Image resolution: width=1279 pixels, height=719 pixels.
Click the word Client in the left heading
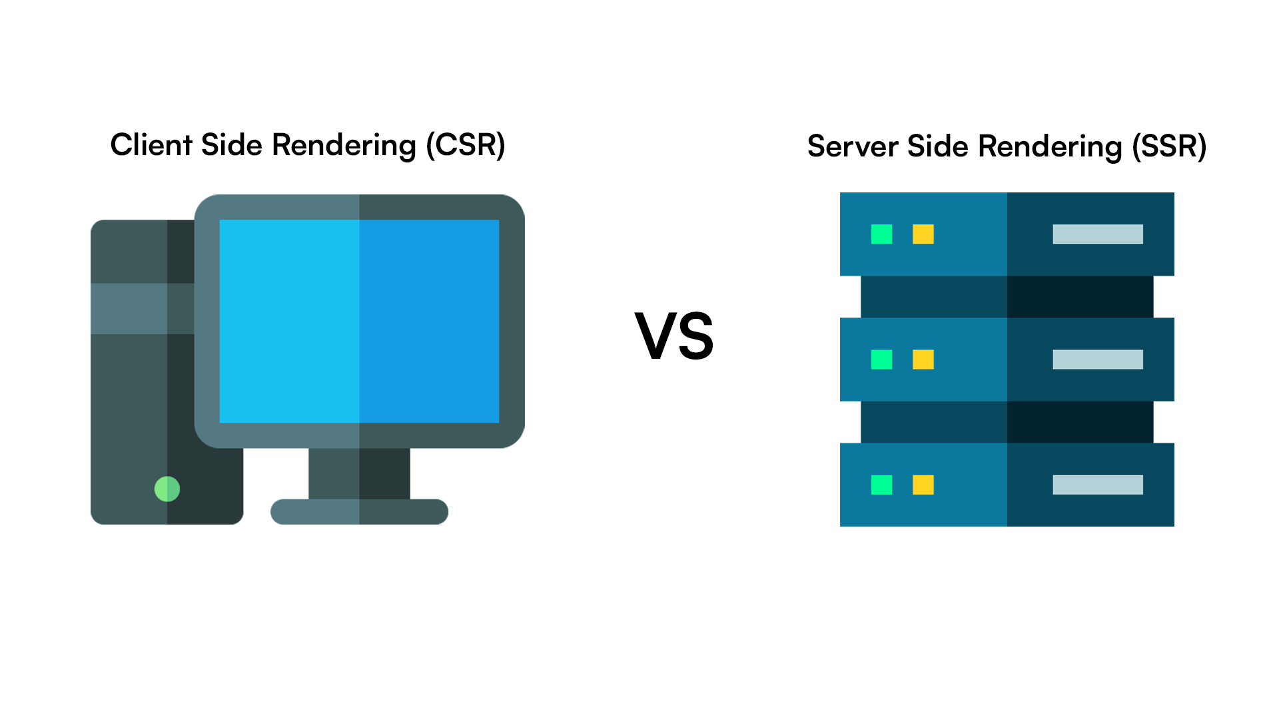pos(151,144)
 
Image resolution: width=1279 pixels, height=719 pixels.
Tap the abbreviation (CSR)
pos(466,145)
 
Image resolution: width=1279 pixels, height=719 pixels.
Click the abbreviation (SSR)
pos(1170,146)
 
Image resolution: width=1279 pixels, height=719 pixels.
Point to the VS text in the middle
pos(674,336)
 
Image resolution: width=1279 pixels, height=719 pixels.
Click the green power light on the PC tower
pos(167,489)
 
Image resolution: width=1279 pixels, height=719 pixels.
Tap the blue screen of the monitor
pos(359,321)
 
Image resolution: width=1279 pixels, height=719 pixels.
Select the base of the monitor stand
pos(359,511)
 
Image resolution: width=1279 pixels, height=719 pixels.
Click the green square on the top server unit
pos(881,234)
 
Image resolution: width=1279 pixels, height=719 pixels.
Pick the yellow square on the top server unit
pos(923,234)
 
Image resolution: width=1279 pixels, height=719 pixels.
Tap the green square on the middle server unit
pos(881,359)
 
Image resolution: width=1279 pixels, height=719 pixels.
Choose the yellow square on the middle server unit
pos(923,359)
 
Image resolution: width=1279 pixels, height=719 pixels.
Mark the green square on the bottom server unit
pos(881,485)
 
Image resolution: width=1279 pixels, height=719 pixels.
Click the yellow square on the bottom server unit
pos(923,485)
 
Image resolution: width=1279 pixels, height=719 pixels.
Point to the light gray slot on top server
pos(1098,234)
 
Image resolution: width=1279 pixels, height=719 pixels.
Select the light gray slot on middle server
pos(1098,359)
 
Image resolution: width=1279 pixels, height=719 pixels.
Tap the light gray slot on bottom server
pos(1098,485)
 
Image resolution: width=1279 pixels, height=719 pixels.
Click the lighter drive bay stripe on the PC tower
pos(143,308)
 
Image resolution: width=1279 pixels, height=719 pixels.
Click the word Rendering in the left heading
pos(344,146)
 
